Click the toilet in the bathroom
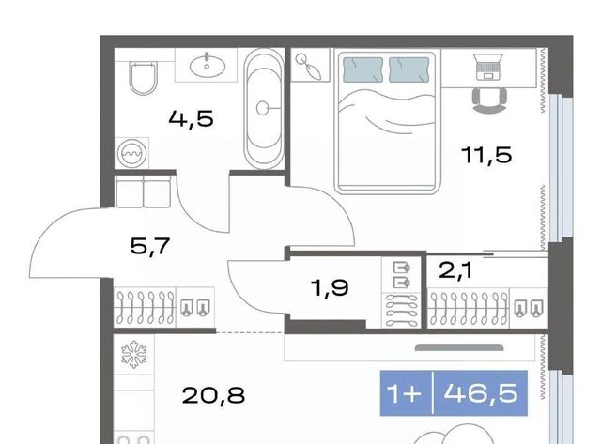click(x=144, y=78)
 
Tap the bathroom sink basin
click(x=207, y=65)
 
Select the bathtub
click(x=263, y=109)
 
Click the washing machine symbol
click(x=131, y=153)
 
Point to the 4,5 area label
click(x=191, y=118)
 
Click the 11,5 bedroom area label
click(x=486, y=155)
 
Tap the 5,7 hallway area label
click(x=150, y=246)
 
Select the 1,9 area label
click(x=331, y=287)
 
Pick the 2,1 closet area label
click(x=455, y=270)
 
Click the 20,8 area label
click(x=213, y=395)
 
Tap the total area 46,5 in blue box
click(x=481, y=392)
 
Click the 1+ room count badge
click(x=404, y=393)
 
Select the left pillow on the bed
click(x=362, y=69)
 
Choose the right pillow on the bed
click(x=408, y=69)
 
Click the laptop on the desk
click(x=489, y=67)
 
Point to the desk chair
click(x=489, y=100)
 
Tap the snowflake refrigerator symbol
click(x=133, y=355)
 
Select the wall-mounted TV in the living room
click(x=459, y=348)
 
